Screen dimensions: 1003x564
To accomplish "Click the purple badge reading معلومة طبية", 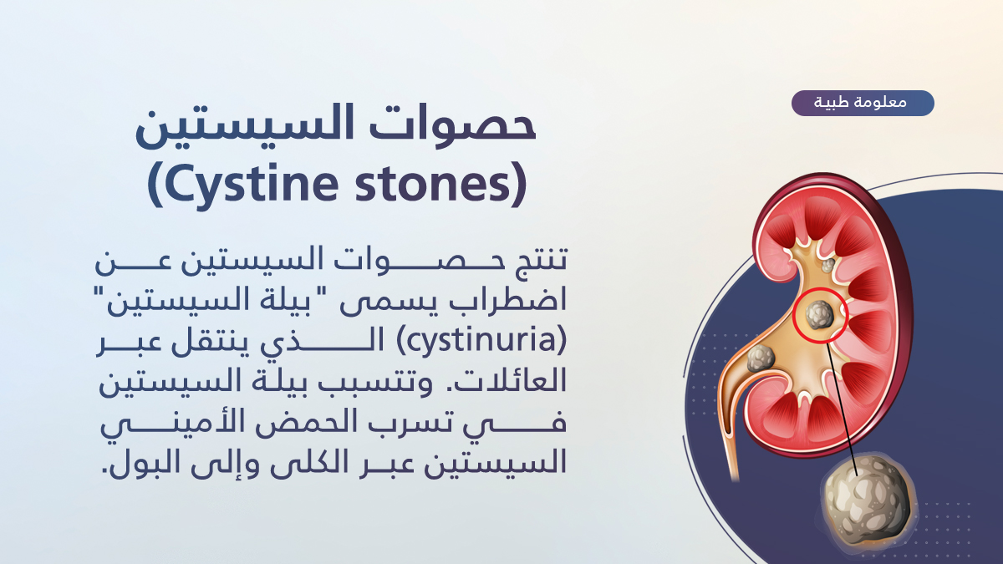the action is click(863, 103).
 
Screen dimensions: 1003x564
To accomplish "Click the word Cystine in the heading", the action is click(243, 184).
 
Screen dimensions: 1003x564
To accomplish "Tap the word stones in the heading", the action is click(441, 184).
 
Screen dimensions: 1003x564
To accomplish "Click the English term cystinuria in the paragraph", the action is click(481, 341).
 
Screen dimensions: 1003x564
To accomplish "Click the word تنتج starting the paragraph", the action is click(537, 261).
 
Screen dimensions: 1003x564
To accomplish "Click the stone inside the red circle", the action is click(819, 315).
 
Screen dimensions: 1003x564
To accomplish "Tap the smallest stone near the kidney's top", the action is click(828, 265).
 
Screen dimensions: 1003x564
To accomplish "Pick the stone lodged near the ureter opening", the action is click(761, 358).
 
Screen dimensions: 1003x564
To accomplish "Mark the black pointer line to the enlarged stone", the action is click(842, 409).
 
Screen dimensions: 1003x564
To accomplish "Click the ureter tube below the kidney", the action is click(731, 452).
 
